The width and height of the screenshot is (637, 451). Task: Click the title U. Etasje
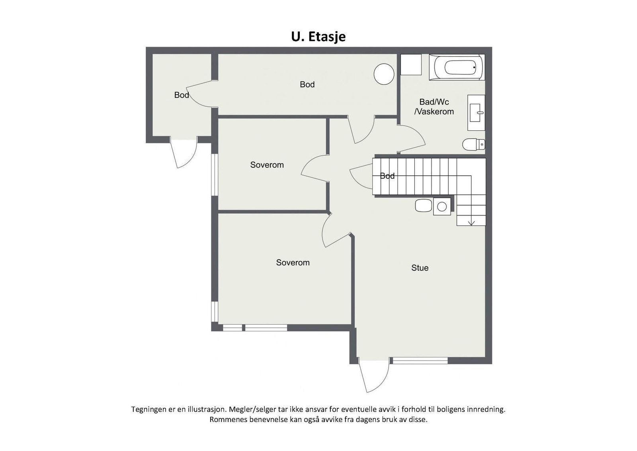(318, 37)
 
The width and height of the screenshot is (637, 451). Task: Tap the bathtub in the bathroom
(457, 67)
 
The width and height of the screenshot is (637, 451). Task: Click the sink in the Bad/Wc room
(476, 113)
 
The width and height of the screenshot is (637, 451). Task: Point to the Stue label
(420, 268)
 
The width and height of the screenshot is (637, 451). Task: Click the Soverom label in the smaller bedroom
(267, 165)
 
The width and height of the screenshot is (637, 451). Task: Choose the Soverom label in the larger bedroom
(293, 263)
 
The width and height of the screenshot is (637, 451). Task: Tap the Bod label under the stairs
(387, 176)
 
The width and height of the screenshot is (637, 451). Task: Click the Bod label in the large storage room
(307, 84)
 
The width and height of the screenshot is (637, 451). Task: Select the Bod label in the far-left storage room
(182, 95)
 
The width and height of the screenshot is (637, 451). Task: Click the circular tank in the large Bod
(384, 74)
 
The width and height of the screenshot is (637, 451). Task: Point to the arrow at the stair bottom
(471, 221)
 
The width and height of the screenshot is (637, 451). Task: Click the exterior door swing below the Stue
(373, 376)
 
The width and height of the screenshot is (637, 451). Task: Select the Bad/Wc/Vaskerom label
(434, 107)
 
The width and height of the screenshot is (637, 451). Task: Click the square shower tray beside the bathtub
(410, 65)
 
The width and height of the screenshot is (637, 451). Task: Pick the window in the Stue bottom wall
(420, 361)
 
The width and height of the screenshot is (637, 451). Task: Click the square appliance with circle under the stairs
(442, 206)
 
